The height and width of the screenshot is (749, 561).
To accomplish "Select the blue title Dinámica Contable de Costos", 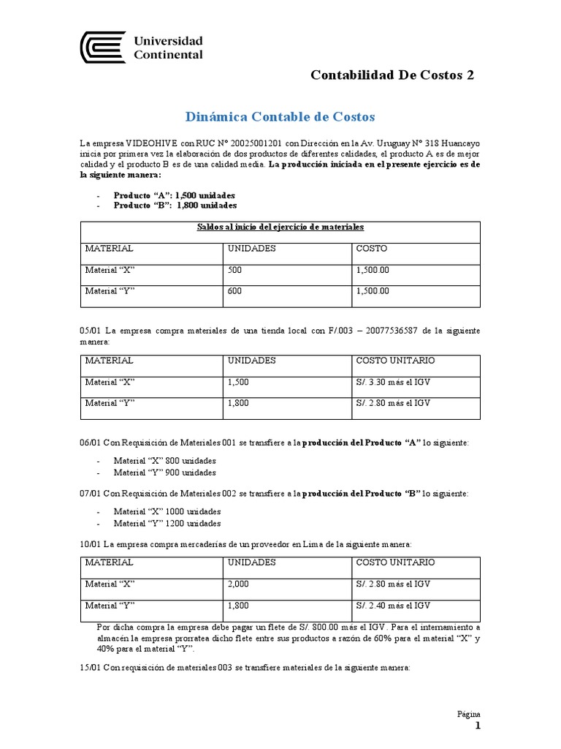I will click(280, 116).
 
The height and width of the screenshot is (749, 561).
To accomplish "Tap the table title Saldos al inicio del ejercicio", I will click(280, 227).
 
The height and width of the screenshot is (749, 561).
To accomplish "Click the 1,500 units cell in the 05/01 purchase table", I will click(241, 382).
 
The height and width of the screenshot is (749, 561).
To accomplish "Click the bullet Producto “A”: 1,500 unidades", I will click(175, 195).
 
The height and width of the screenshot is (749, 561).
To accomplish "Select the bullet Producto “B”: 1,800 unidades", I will click(175, 206).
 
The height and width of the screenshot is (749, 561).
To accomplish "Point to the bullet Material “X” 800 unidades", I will click(164, 461).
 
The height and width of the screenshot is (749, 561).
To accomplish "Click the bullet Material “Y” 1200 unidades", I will click(167, 523).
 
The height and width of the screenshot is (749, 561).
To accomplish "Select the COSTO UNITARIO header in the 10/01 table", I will click(395, 562).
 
